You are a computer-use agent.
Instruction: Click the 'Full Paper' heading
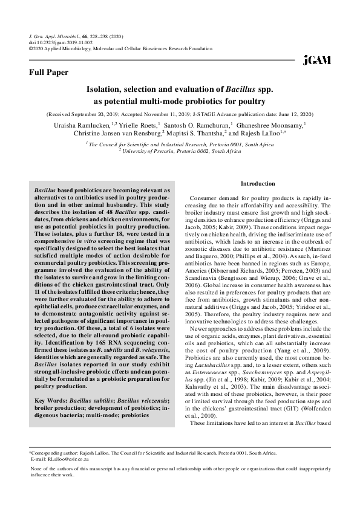[49, 73]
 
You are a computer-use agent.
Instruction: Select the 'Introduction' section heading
[258, 183]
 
